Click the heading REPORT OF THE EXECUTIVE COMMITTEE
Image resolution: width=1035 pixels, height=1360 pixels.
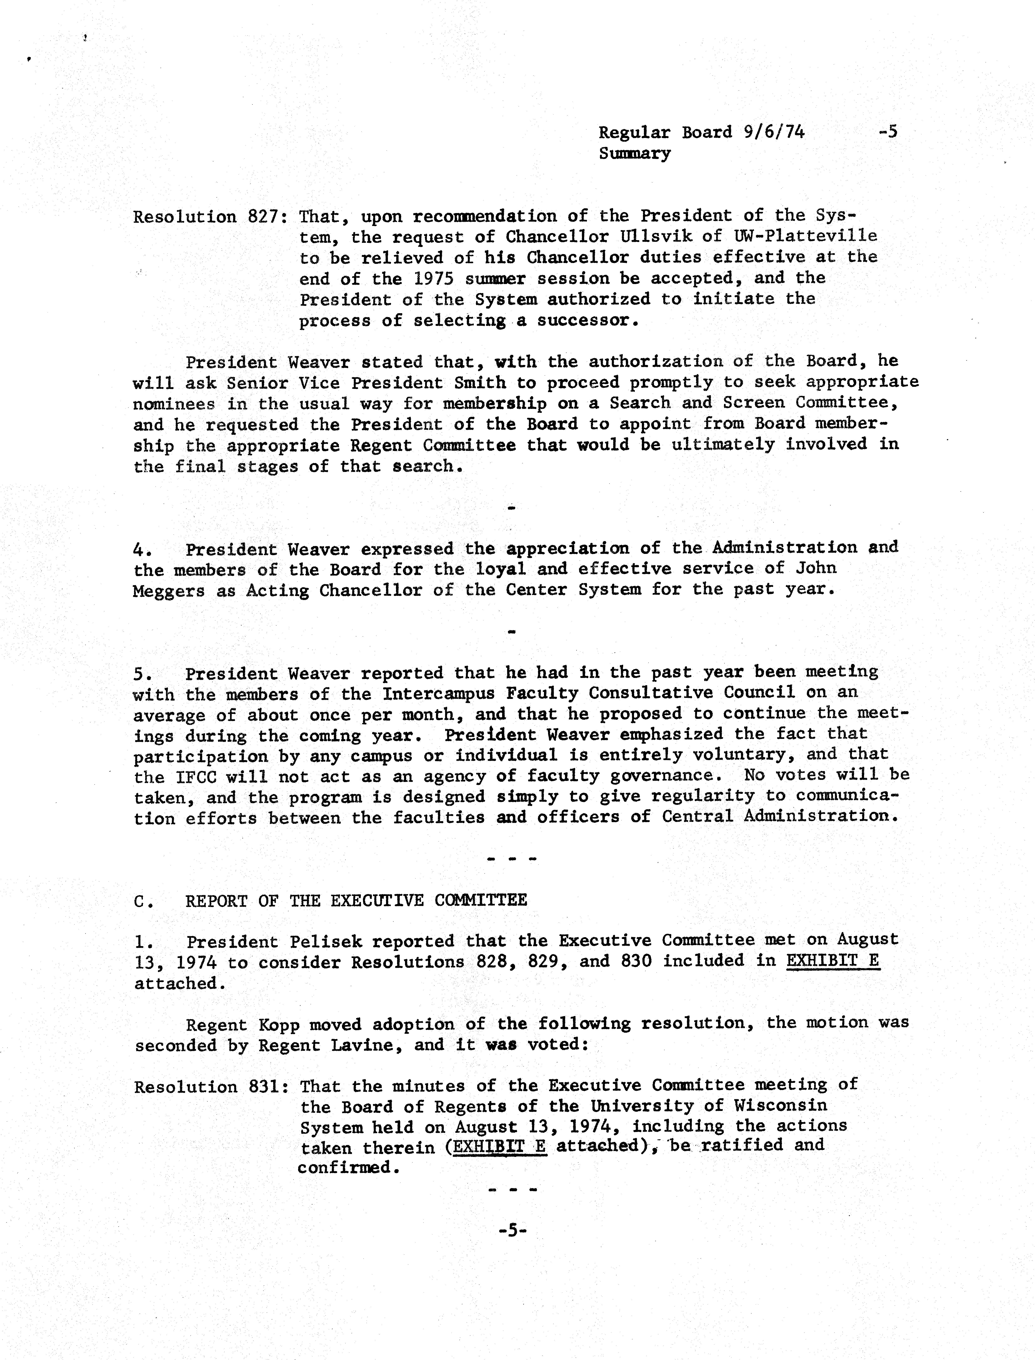point(356,900)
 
